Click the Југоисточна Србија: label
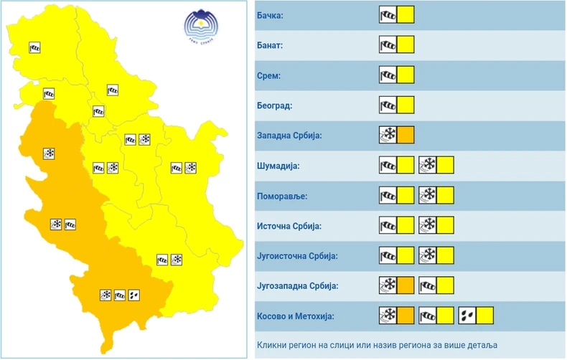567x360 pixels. pyautogui.click(x=296, y=256)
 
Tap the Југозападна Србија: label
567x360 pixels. pyautogui.click(x=296, y=286)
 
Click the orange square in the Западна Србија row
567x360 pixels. pyautogui.click(x=406, y=135)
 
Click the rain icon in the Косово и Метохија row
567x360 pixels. pyautogui.click(x=467, y=316)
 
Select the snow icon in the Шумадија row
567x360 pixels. pyautogui.click(x=428, y=165)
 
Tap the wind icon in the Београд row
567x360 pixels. pyautogui.click(x=388, y=105)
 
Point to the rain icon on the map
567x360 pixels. pyautogui.click(x=134, y=295)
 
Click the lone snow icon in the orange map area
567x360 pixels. pyautogui.click(x=50, y=153)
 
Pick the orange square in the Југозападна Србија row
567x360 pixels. pyautogui.click(x=406, y=285)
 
